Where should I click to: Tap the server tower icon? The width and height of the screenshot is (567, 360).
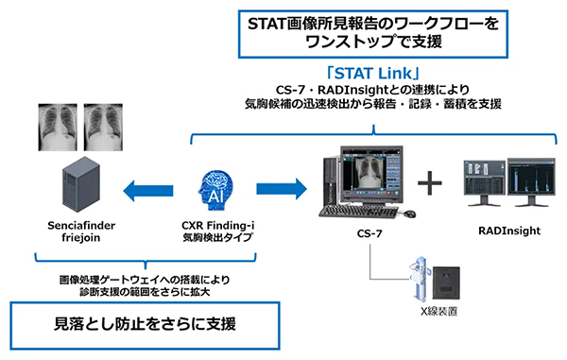77,185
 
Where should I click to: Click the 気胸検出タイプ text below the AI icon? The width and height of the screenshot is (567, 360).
216,242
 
